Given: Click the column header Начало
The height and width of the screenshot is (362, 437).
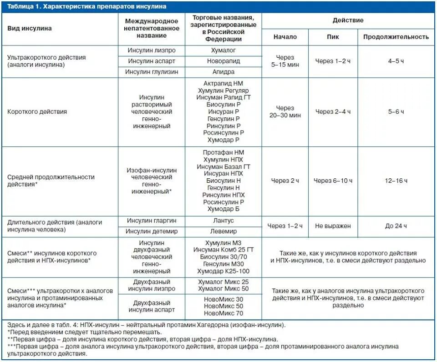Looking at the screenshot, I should tap(285, 37).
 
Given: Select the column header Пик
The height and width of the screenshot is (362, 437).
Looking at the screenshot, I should tap(333, 37).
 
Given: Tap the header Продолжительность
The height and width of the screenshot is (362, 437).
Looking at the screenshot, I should tap(396, 37).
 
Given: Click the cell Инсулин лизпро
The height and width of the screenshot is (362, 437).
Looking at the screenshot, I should tap(152, 50).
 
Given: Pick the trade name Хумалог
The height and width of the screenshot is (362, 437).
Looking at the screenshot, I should tap(223, 50).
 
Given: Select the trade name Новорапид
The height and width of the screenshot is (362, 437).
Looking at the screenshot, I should tap(223, 61).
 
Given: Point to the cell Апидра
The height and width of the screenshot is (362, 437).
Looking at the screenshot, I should tap(223, 72).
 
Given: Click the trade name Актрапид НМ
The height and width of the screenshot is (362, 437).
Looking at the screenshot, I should tap(223, 83).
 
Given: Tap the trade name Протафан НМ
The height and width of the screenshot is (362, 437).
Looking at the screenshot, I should tap(223, 152).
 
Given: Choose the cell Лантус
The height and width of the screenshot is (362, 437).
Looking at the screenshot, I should tap(223, 221).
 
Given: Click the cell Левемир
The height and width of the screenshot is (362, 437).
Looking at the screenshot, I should tap(223, 231).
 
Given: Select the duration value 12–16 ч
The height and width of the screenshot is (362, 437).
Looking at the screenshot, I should tap(396, 181).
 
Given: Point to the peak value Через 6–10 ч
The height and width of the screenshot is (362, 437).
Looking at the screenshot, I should tap(333, 181).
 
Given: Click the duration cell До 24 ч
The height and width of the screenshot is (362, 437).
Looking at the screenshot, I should tap(396, 226).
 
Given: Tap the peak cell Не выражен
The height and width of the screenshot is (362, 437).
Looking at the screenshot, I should tap(333, 226).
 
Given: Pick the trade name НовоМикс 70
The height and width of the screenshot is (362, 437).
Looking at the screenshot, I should tap(223, 313).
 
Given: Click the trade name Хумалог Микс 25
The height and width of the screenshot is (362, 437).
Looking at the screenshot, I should tap(223, 282).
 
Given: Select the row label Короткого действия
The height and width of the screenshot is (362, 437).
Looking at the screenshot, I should tap(37, 111).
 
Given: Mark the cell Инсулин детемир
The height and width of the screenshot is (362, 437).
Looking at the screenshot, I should tap(152, 231).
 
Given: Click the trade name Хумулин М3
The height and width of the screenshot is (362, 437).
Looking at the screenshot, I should tap(223, 242).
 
